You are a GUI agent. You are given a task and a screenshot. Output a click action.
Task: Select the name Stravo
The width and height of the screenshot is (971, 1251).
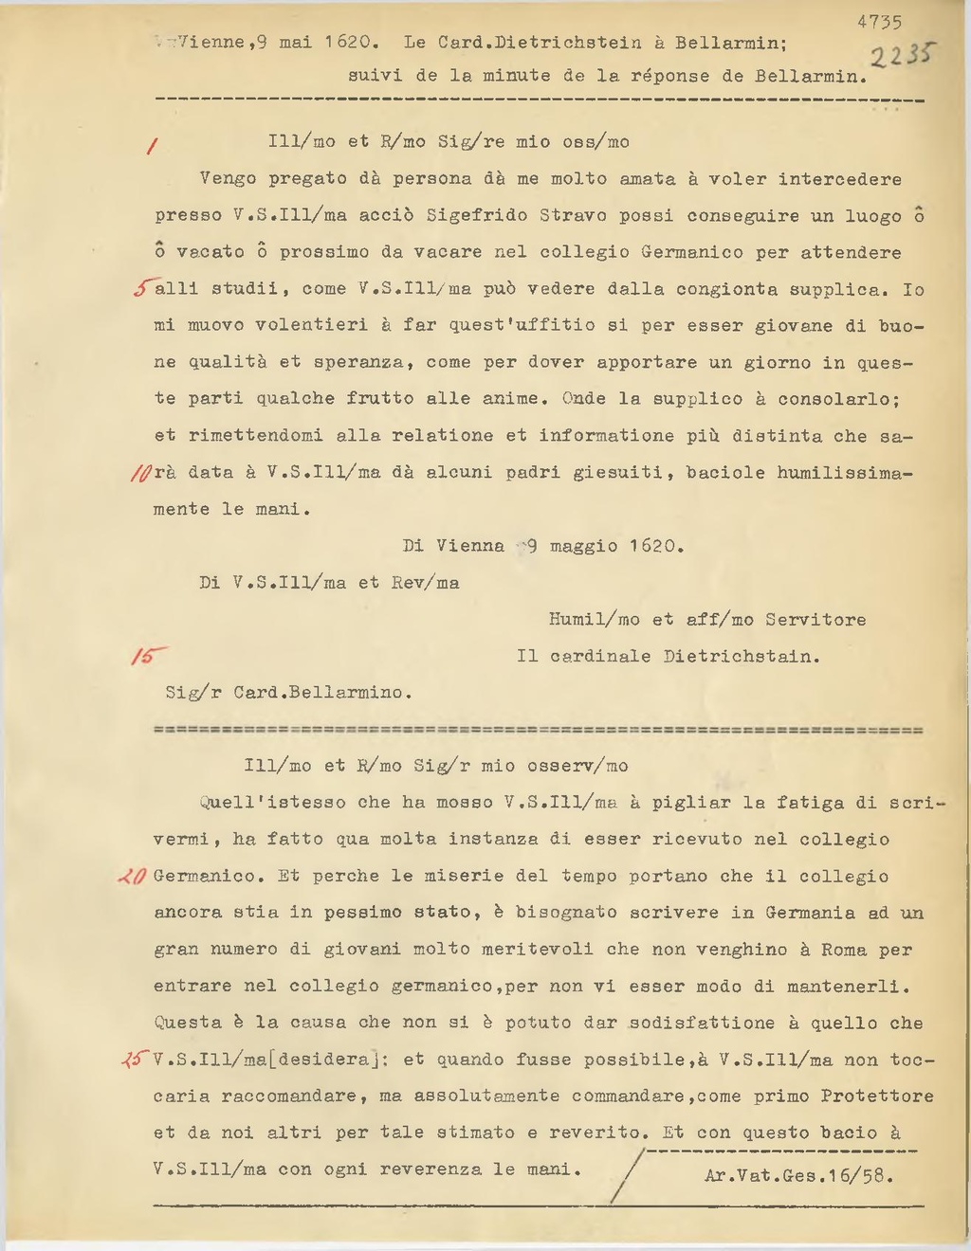(573, 216)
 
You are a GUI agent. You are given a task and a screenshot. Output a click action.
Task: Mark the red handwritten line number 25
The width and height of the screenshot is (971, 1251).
(136, 1060)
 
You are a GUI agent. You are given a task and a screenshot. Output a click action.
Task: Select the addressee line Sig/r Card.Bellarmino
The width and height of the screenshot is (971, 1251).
(288, 693)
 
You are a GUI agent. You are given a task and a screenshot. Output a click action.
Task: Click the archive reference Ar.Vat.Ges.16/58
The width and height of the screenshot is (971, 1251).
(798, 1176)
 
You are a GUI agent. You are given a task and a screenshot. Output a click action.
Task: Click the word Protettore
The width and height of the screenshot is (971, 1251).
(877, 1097)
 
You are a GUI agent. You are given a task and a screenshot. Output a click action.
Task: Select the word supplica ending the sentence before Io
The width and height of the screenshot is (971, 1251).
(837, 289)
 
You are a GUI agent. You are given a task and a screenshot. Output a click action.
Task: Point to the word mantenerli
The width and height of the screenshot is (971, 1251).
(847, 987)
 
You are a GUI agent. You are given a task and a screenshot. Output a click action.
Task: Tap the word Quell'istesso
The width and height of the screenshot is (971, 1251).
(273, 803)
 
